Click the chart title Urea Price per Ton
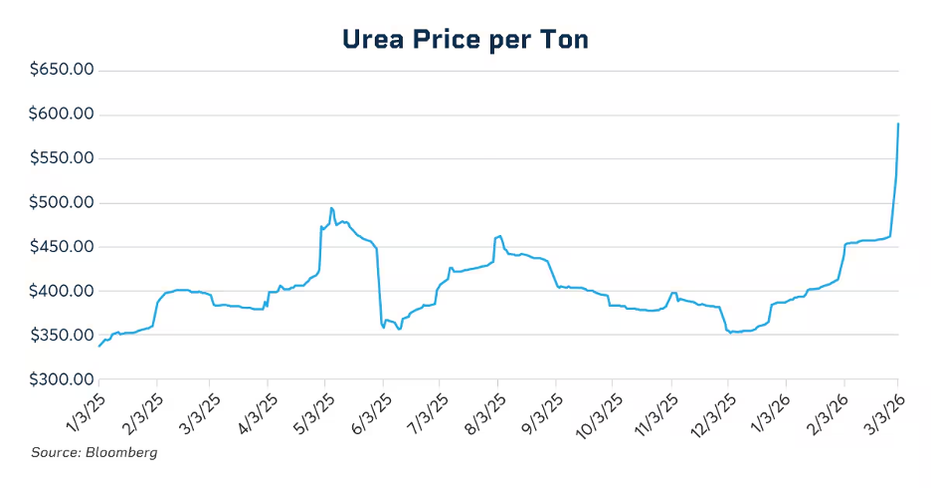[465, 39]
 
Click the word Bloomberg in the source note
[122, 453]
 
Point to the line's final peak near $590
[898, 124]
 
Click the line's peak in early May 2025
[331, 208]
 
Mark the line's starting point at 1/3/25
[99, 346]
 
